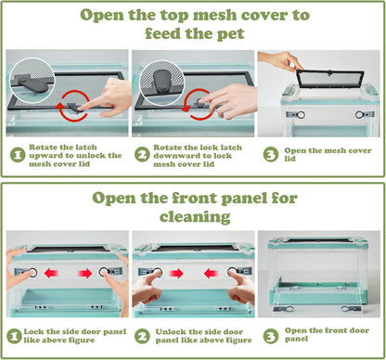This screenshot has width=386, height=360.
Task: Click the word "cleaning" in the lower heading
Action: coord(195,216)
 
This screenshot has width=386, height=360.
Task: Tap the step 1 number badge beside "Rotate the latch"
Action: coord(18,155)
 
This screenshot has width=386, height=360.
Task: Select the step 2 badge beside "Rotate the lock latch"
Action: coord(142,155)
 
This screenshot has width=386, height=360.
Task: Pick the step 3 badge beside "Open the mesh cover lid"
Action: coord(271,154)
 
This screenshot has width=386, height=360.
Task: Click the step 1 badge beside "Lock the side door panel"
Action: coord(14,336)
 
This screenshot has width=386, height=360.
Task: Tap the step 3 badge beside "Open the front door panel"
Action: coord(271,336)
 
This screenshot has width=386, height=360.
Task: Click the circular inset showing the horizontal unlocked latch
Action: coord(32,80)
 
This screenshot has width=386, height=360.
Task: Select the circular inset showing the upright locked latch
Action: coord(161,83)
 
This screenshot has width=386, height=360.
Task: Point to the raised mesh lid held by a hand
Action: coord(330,81)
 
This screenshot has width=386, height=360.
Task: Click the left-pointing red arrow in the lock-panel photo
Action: coord(51,273)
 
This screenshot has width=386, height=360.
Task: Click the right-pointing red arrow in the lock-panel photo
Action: coord(85,273)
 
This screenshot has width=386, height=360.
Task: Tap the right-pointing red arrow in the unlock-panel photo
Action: coord(176,274)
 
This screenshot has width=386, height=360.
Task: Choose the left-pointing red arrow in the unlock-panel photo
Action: coord(212,274)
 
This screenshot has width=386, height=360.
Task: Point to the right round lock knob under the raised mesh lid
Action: coord(359,115)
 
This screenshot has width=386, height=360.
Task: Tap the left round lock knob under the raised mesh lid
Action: coord(301,115)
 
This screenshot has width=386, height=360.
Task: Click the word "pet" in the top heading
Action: coord(231,33)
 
